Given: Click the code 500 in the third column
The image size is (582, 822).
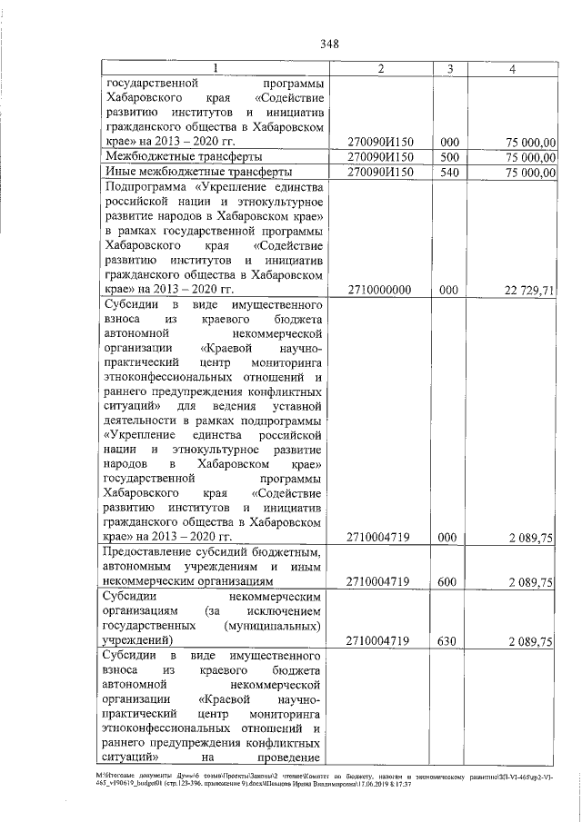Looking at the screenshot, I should [x=447, y=157].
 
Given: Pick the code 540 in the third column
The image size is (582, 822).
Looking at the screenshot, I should [x=447, y=172].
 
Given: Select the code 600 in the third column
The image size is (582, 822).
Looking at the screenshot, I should [x=447, y=581].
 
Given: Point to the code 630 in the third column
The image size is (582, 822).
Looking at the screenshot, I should [x=447, y=640].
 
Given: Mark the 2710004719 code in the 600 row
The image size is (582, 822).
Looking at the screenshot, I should [x=380, y=581].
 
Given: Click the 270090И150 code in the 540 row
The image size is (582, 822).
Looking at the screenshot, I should [x=380, y=172].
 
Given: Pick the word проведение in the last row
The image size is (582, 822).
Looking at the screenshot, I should [x=290, y=757].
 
